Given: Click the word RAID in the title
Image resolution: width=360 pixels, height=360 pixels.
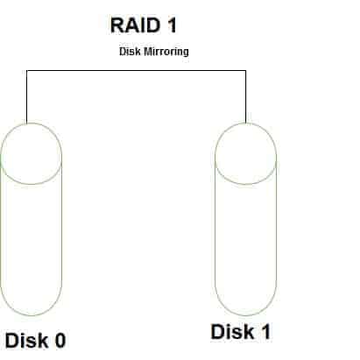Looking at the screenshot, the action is point(135,25).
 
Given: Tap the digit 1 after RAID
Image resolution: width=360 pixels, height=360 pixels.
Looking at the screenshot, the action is point(173,25).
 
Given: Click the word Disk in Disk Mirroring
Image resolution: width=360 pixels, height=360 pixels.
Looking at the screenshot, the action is point(130,52).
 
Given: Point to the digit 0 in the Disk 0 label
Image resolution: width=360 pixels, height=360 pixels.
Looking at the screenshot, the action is point(60,340).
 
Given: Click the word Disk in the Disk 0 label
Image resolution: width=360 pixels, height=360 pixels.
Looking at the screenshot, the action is point(27,340).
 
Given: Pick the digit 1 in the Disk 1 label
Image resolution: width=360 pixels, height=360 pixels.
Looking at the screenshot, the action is point(265,332).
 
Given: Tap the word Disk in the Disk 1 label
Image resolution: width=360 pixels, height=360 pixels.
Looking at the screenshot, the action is point(232,332).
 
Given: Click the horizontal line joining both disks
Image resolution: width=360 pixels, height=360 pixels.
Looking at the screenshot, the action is point(136,70).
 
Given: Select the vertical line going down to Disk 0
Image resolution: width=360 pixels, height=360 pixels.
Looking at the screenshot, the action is point(27,96).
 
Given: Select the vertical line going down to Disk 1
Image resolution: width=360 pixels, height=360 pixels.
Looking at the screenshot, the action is point(245,96).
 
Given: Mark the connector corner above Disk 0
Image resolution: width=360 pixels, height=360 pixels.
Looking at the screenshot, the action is point(27,70).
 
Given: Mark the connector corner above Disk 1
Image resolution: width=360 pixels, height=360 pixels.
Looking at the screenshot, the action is point(245,70).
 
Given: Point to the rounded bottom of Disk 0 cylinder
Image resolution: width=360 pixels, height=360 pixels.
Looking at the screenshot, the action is point(31,315).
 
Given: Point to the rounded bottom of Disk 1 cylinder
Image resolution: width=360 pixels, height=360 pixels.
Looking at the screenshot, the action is point(245,315).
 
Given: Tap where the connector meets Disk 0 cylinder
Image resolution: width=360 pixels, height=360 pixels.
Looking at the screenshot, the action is point(27,124).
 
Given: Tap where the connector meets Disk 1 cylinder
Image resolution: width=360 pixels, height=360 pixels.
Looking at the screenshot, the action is point(245,123).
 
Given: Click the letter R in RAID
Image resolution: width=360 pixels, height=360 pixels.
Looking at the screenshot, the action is point(117,25).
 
